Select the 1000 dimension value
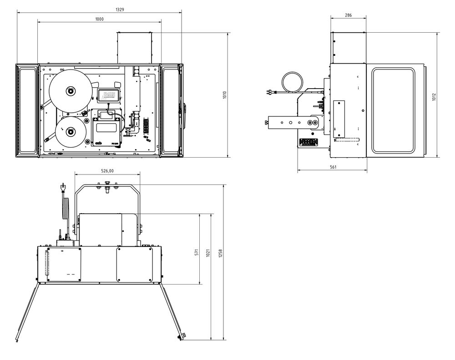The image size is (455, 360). coord(99,19)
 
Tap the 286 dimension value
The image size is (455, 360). coord(348,15)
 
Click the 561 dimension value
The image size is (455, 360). coord(333,167)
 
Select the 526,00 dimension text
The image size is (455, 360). coord(107,171)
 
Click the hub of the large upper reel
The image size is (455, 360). coord(71,91)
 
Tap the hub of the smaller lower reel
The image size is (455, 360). coord(71,132)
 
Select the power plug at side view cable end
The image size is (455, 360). coord(271,93)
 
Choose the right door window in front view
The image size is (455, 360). coord(170,109)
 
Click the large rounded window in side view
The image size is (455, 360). coord(394,110)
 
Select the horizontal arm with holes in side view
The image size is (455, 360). coord(291,123)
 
